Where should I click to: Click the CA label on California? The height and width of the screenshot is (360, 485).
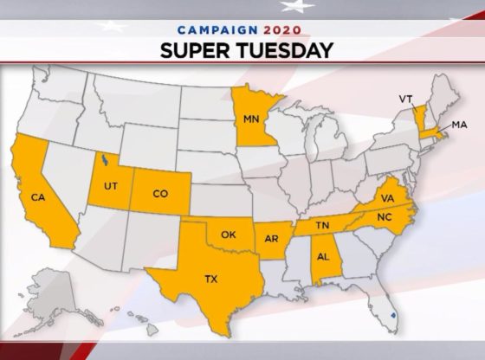[x=37, y=197]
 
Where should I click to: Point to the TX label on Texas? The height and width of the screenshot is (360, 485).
[x=211, y=280]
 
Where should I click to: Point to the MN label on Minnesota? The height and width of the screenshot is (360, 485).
[x=251, y=118]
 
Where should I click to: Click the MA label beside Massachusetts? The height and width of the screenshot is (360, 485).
[x=459, y=126]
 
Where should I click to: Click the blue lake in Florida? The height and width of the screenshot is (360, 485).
[x=394, y=317]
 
